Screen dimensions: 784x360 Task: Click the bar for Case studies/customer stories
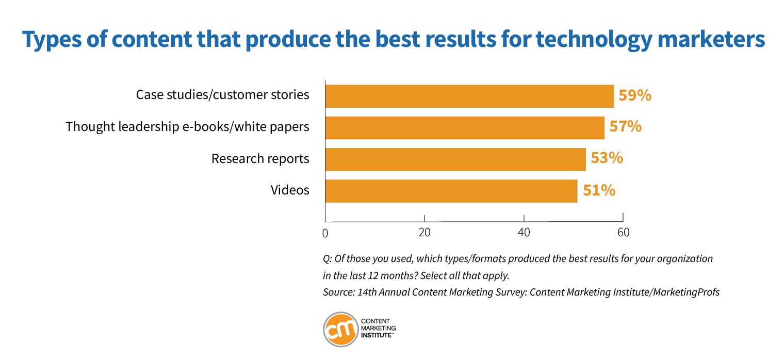click(469, 96)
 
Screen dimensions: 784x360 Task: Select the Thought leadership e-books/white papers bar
click(465, 128)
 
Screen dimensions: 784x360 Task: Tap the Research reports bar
click(455, 159)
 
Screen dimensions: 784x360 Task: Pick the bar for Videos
click(451, 191)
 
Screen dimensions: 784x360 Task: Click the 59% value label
click(635, 95)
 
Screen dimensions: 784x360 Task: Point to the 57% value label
click(626, 127)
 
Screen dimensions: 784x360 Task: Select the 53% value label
click(607, 158)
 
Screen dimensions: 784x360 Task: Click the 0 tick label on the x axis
click(325, 233)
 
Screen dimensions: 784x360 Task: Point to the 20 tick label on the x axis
click(424, 233)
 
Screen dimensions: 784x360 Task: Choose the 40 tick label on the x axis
click(524, 233)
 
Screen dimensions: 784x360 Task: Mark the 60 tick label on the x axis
click(624, 233)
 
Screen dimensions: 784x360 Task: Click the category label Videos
click(290, 190)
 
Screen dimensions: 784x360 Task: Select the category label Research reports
click(260, 159)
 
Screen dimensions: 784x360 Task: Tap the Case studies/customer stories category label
click(223, 95)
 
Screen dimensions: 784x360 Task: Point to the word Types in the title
click(52, 40)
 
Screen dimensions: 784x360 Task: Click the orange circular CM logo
click(341, 330)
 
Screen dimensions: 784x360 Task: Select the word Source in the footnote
click(337, 292)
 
